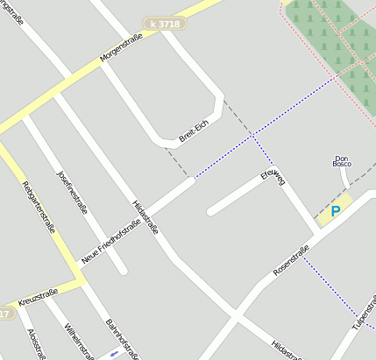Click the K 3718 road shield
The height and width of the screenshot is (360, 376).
[165, 24]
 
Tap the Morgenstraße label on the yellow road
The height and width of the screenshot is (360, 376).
[120, 55]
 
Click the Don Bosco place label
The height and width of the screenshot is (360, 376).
[342, 160]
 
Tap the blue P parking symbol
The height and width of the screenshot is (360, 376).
[335, 212]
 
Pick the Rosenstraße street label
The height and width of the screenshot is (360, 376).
[292, 262]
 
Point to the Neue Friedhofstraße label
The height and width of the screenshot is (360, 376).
[110, 242]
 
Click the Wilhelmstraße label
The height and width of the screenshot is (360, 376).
[78, 342]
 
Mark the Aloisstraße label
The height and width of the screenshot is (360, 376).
[36, 344]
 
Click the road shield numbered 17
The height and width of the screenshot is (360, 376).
[6, 313]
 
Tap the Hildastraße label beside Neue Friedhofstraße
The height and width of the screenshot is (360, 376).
[145, 215]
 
